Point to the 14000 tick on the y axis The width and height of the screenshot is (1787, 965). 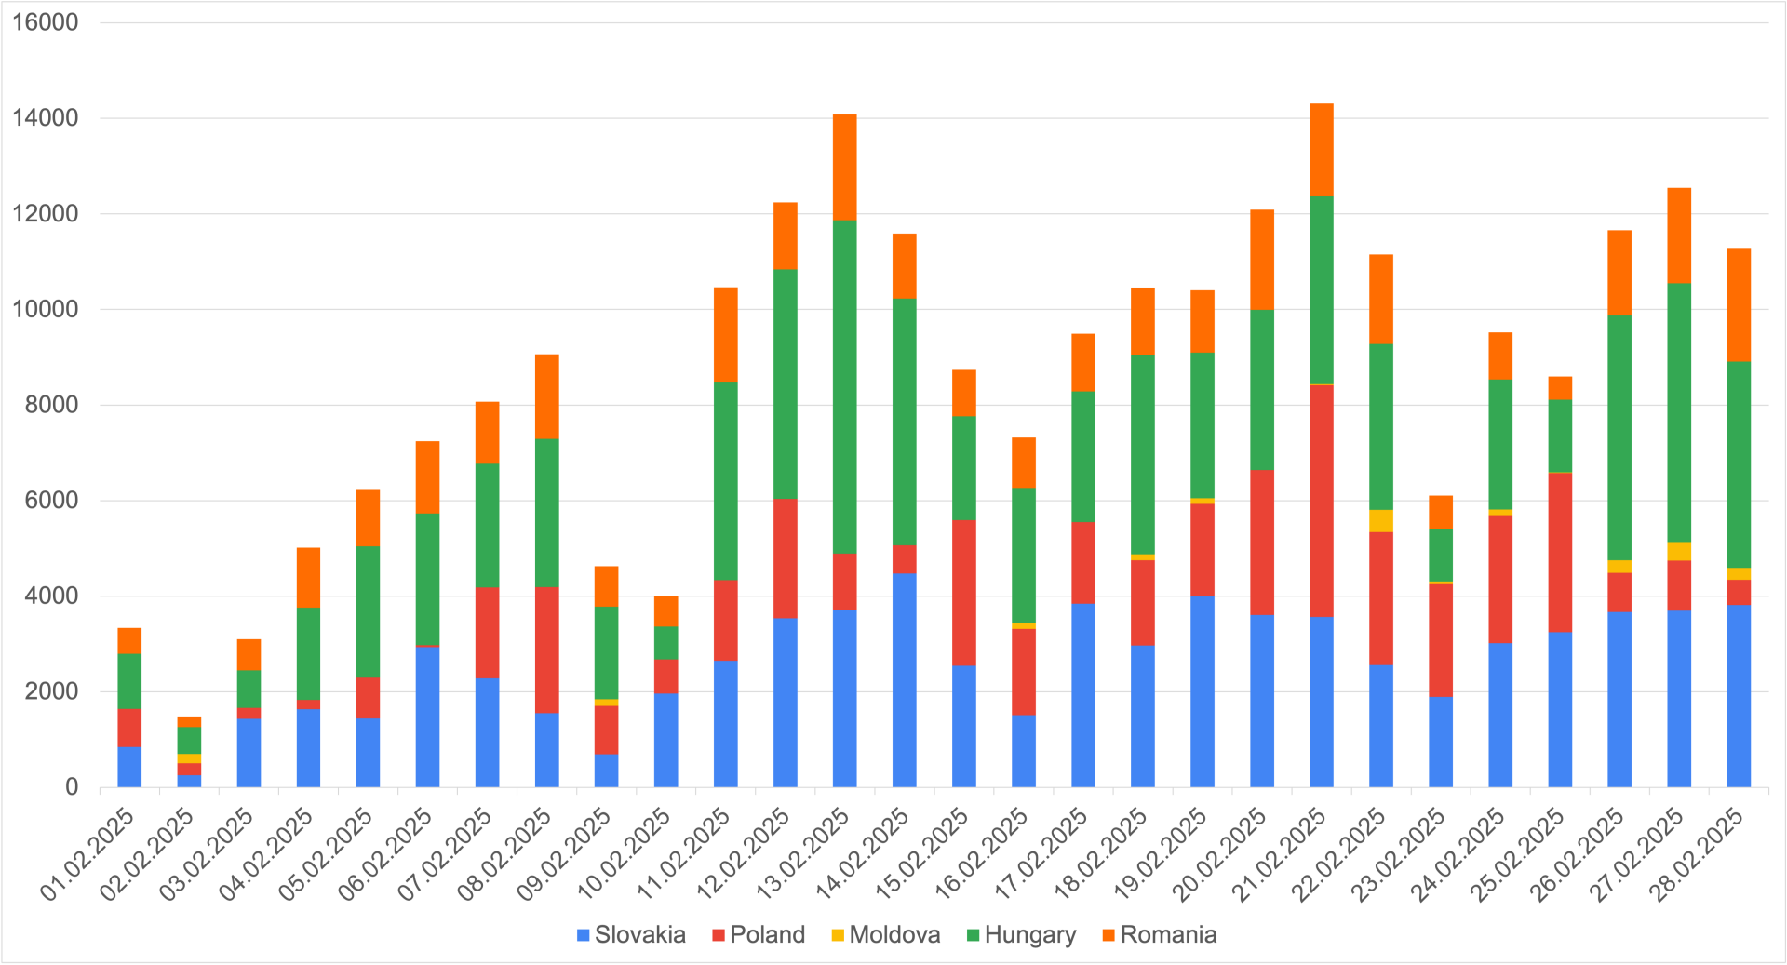click(x=45, y=118)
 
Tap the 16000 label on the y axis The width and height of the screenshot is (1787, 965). click(x=45, y=22)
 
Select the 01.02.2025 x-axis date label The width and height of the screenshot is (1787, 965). click(x=89, y=854)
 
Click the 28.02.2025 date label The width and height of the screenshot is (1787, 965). click(x=1698, y=854)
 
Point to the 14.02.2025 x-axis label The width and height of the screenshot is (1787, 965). click(x=864, y=854)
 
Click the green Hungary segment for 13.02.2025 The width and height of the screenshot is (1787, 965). click(x=844, y=386)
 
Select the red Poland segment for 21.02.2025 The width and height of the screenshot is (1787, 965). click(x=1321, y=501)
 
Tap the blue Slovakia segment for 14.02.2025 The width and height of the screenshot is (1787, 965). click(x=904, y=679)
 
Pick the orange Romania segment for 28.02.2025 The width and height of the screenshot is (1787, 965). click(x=1739, y=305)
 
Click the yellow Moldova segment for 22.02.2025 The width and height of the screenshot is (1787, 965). click(x=1380, y=521)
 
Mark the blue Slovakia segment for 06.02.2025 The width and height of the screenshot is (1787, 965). click(x=427, y=717)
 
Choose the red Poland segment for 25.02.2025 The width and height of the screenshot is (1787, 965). click(x=1560, y=553)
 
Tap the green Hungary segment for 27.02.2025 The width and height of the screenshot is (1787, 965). click(x=1679, y=412)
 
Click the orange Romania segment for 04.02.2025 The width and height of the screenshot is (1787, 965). click(x=308, y=577)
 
